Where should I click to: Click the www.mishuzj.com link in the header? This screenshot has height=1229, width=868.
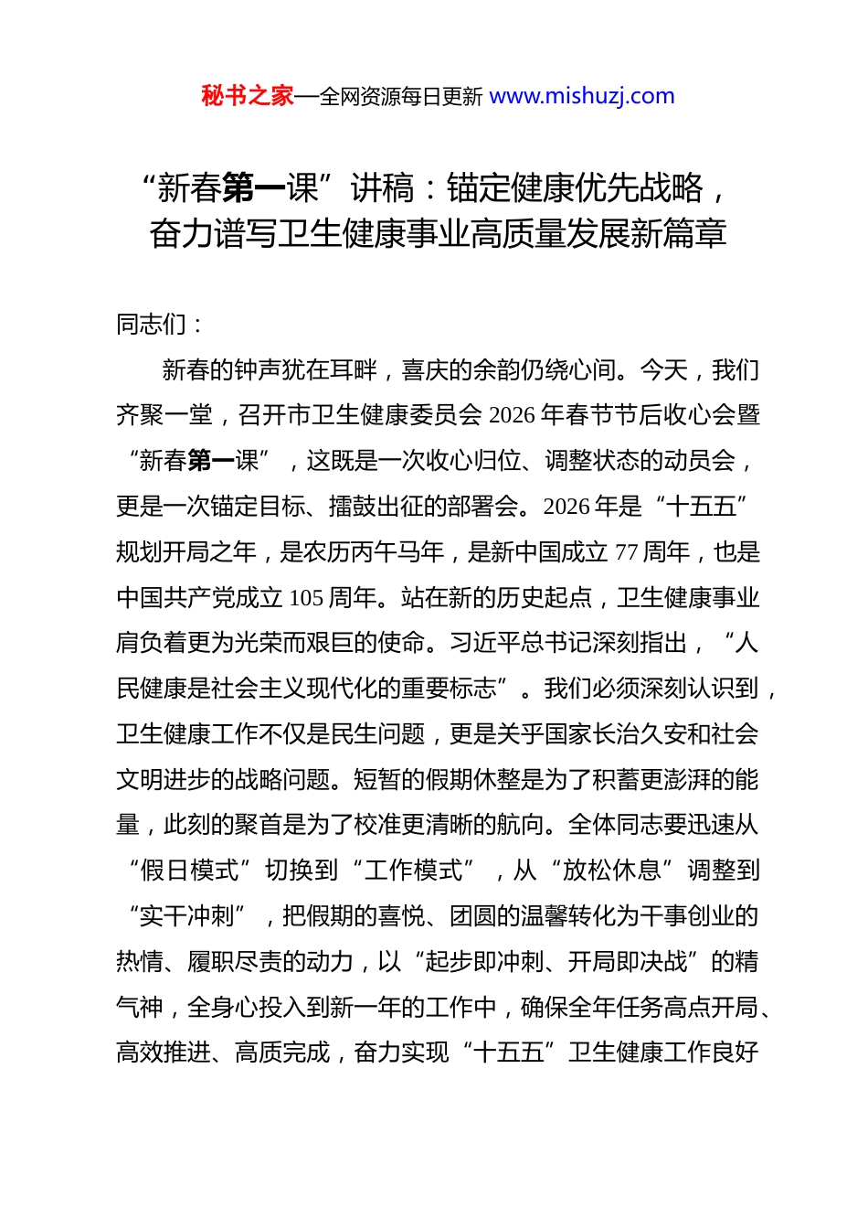(582, 96)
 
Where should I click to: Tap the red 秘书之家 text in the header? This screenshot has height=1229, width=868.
(247, 96)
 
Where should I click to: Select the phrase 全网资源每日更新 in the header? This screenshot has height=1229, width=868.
(401, 97)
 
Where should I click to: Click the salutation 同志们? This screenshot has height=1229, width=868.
(151, 324)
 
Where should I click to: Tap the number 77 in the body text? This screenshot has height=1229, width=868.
(626, 552)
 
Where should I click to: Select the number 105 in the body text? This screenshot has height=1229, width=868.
(306, 598)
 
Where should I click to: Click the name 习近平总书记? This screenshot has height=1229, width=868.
(521, 643)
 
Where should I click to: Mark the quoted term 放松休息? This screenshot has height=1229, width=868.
(611, 871)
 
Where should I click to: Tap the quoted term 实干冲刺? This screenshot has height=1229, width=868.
(187, 916)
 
